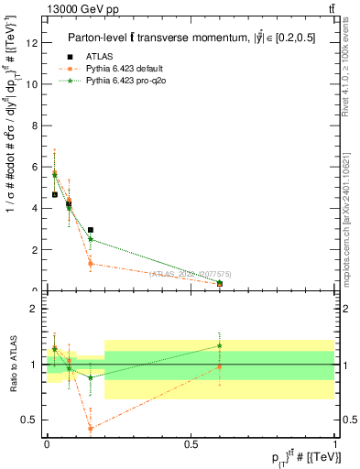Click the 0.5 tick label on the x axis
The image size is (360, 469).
191,443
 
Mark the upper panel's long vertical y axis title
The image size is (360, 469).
12,169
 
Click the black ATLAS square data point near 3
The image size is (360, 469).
91,230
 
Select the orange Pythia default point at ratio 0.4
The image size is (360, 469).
91,428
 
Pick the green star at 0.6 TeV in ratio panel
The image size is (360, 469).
220,345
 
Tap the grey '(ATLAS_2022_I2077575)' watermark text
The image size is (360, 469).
190,273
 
